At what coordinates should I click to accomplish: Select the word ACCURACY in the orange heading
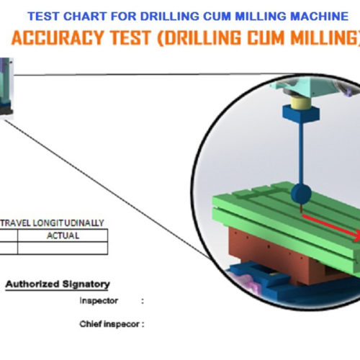tap(58, 38)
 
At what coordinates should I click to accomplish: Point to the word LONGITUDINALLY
tap(68, 223)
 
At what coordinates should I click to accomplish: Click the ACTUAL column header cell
tap(63, 235)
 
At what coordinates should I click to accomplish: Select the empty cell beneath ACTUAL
tap(63, 248)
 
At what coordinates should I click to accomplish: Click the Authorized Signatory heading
tap(58, 284)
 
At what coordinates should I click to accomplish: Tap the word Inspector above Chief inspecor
tap(99, 301)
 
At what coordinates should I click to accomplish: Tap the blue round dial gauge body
tap(301, 194)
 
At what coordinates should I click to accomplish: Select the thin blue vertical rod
tap(301, 153)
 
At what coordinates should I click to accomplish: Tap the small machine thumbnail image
tap(6, 89)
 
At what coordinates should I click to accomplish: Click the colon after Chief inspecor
tap(143, 325)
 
